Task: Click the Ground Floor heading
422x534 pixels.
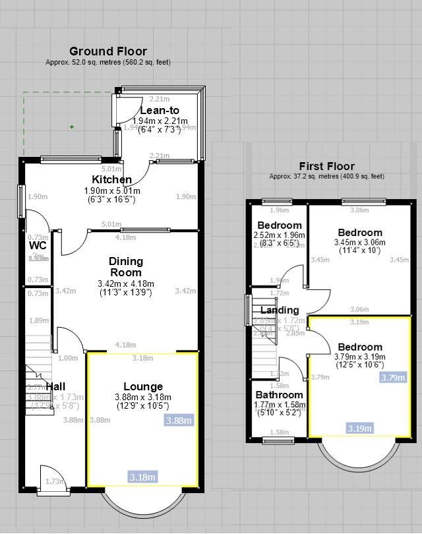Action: tap(108, 51)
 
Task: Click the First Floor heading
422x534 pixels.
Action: tap(326, 167)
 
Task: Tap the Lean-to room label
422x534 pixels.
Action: tap(159, 111)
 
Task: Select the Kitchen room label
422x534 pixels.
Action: tap(111, 180)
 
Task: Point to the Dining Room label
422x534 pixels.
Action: tap(126, 267)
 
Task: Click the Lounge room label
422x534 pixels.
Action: tap(142, 387)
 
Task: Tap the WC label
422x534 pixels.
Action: tap(38, 246)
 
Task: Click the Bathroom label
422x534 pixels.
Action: tap(279, 396)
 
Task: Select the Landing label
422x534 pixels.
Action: tap(280, 311)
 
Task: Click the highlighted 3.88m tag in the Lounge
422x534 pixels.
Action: tap(179, 421)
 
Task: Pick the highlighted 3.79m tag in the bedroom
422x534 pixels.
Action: tap(393, 378)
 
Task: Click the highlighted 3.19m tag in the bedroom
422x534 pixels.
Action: tap(359, 429)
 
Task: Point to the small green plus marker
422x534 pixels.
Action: tap(72, 127)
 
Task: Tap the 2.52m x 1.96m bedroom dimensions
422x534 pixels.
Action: tap(280, 239)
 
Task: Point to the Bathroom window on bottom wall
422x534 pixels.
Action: tap(279, 440)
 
